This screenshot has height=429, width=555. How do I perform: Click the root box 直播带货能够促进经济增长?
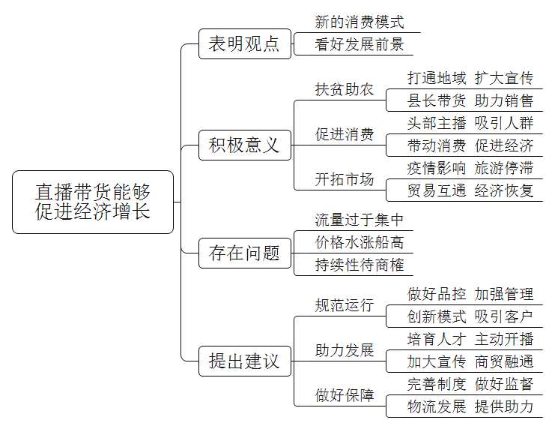coord(93,202)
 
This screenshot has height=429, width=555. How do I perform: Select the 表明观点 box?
coord(245,44)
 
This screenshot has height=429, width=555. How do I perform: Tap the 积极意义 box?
coord(245,145)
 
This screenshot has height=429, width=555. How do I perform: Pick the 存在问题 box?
coord(245,253)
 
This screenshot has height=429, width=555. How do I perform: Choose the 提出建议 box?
coord(245,361)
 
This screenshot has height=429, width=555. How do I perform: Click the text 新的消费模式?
coord(360,22)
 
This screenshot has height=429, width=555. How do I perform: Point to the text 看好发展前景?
coord(360,44)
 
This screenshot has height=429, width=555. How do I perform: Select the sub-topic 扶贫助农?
coord(345,89)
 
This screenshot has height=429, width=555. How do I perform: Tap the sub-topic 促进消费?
coord(345,134)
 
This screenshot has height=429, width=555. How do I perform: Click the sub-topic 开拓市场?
coord(345,179)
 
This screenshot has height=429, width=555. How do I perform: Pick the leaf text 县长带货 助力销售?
coord(470,100)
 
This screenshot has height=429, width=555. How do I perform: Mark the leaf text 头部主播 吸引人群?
coord(470,123)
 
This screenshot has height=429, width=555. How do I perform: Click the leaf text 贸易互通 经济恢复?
coord(470,190)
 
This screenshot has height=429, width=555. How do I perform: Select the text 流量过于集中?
coord(360,220)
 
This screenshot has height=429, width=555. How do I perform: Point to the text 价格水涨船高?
coord(360,242)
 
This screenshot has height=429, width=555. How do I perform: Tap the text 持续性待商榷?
coord(360,265)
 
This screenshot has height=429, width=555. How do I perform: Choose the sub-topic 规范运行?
coord(345,305)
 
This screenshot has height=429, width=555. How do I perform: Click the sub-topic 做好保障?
coord(345,395)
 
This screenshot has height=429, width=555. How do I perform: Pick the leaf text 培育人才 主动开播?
coord(470,339)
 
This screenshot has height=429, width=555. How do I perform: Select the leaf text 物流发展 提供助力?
coord(470,406)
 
